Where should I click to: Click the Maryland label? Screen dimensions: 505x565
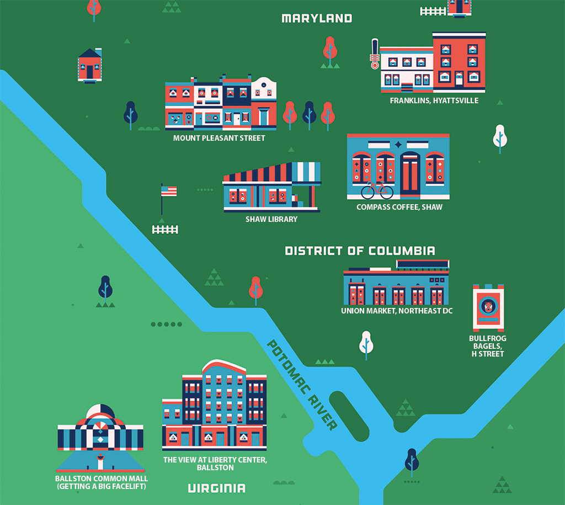pos(317,18)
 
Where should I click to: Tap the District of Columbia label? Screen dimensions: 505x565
pos(360,251)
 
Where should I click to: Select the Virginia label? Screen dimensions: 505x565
pos(216,488)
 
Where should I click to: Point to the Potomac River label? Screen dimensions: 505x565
pos(302,385)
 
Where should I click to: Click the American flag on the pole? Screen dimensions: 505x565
pos(169,191)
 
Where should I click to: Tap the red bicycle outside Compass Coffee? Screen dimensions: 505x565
pos(377,190)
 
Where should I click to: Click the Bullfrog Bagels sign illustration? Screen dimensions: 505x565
pos(488,307)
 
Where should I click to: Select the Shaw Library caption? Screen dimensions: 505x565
pos(271,219)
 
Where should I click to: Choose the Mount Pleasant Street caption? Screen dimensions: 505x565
pos(219,138)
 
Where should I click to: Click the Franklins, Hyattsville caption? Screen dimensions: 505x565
pos(434,101)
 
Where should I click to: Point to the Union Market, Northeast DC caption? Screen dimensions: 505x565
pos(397,311)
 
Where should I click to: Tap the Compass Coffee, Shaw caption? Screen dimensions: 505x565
pos(399,207)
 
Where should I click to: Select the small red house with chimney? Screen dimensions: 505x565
pos(89,65)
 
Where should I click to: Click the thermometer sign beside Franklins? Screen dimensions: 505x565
pos(375,54)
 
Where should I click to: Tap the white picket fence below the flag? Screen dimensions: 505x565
pos(165,229)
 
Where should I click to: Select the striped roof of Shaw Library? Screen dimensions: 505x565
pos(272,173)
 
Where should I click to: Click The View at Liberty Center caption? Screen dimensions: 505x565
pos(215,464)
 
